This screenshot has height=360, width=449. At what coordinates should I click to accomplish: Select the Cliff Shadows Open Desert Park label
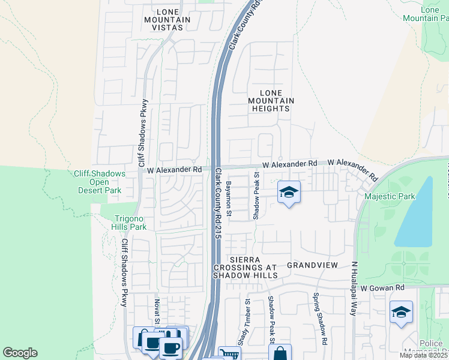point(100,182)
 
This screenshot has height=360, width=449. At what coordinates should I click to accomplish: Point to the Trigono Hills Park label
point(128,223)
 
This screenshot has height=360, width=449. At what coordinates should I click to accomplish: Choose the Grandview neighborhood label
point(313,265)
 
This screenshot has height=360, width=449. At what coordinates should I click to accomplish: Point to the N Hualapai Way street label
point(354,289)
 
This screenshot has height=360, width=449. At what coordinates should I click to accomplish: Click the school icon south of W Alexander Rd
point(289,193)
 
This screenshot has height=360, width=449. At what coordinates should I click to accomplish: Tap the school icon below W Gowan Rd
point(401,312)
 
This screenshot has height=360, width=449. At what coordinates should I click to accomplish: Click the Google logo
point(20,353)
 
